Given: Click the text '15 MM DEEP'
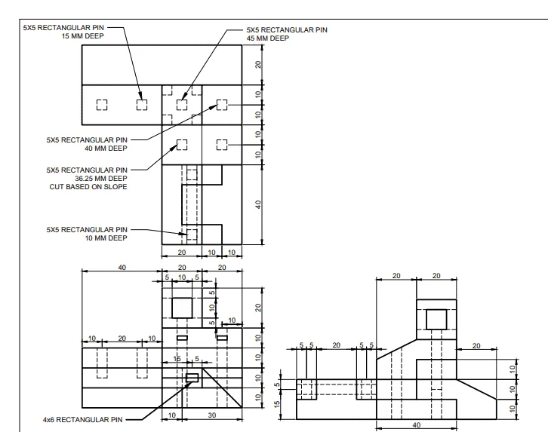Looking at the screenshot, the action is [82, 36].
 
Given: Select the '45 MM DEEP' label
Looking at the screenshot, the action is [268, 38].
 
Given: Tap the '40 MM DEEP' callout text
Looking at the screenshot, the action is [106, 149].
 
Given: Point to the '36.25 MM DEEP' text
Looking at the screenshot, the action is [101, 179].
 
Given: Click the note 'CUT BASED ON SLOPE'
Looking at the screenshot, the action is [88, 187].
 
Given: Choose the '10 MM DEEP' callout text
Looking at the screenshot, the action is [106, 238].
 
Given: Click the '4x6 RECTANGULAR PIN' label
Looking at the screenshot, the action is [82, 419].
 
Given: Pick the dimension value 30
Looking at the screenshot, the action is [212, 415].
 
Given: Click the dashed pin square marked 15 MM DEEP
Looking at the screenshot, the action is [142, 105].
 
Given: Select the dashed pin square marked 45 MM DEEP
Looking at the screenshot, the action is [182, 105].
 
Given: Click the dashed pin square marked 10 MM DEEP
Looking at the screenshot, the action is [192, 234].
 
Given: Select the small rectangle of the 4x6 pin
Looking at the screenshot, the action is [192, 378].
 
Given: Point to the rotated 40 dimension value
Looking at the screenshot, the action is [258, 204].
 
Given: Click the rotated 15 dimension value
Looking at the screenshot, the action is [277, 404].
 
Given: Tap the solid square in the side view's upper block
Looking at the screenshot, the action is [436, 320].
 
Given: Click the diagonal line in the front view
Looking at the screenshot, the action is [222, 388].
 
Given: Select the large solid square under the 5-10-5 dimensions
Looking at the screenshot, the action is [182, 308].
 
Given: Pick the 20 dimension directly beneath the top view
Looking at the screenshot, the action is [182, 253].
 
